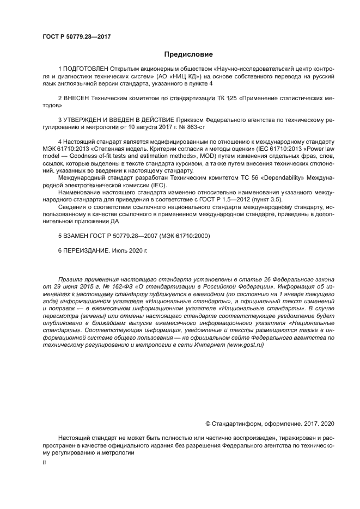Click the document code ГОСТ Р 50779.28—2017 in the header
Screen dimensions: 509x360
76,36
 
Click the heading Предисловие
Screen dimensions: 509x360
189,54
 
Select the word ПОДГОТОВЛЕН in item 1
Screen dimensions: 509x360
86,70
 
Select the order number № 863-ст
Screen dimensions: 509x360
193,127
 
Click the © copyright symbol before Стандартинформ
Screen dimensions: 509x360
208,424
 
